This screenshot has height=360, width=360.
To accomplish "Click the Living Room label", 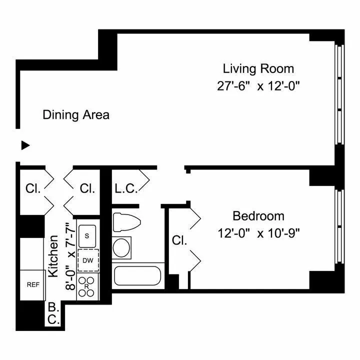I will (258, 68).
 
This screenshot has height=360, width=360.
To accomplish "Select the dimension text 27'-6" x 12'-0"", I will (258, 85).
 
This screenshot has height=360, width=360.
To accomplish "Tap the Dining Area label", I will (76, 114).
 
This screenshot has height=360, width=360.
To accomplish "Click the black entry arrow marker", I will (25, 145).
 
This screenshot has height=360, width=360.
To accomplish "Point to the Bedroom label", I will (258, 216).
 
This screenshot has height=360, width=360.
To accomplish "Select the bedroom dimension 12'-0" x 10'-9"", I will (258, 233).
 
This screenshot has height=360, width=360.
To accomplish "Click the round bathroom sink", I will (121, 247).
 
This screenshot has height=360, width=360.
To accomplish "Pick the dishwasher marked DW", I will (88, 260).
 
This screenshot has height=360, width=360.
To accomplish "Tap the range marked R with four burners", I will (87, 286).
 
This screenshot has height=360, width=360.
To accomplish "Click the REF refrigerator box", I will (33, 284).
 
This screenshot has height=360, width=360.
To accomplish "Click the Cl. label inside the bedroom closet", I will (178, 240).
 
